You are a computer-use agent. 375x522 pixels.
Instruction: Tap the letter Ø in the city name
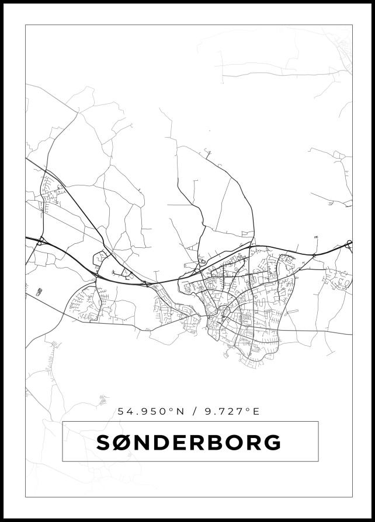(x=123, y=443)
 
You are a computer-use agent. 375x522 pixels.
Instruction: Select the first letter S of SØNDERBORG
(x=103, y=443)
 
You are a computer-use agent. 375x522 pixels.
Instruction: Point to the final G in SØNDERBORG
(x=272, y=443)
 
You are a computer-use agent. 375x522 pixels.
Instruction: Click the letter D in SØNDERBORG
(x=162, y=443)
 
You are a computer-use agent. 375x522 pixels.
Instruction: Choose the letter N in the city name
(x=143, y=443)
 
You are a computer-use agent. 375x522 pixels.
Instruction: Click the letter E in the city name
(x=180, y=443)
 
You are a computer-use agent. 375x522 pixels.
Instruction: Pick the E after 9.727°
(x=255, y=411)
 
